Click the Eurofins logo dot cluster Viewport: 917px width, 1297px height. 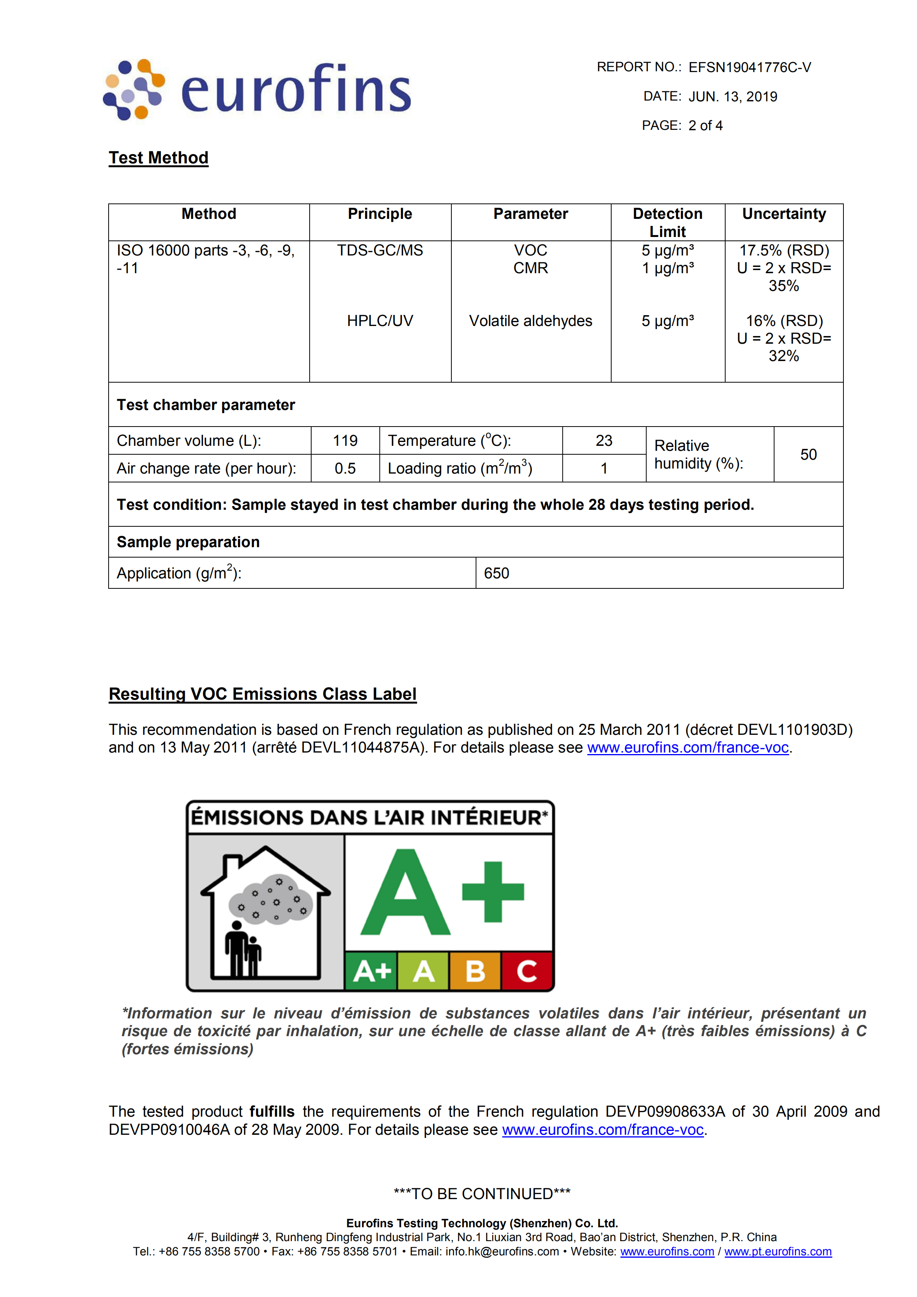[134, 89]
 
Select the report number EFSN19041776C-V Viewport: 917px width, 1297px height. [749, 68]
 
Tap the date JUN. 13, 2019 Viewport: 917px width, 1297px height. [733, 97]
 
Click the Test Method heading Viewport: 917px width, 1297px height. [159, 158]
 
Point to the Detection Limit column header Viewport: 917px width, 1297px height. [667, 222]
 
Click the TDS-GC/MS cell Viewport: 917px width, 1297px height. [380, 250]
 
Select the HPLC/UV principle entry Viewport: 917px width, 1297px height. [380, 321]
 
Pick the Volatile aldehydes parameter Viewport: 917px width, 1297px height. [530, 321]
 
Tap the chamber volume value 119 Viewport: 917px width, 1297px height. [345, 441]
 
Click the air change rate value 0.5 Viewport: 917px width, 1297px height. [345, 468]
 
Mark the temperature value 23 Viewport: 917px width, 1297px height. [604, 441]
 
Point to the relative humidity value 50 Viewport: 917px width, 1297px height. [808, 454]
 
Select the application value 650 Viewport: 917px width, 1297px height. [496, 573]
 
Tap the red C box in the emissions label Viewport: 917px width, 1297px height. [527, 971]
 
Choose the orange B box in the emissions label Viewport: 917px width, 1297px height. [475, 971]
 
